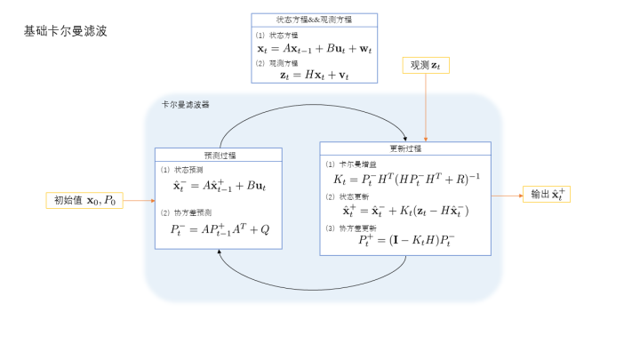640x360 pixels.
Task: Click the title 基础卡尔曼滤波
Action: pos(66,31)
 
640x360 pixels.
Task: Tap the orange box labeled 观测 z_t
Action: pos(425,65)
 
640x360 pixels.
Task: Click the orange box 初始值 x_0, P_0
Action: pos(84,200)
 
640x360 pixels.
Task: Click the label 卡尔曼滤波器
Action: pos(185,105)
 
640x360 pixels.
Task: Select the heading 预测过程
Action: pos(218,154)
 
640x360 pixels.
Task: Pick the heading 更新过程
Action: pos(405,148)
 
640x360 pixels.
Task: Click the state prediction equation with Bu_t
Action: pos(220,186)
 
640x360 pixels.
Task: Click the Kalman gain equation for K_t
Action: pos(406,180)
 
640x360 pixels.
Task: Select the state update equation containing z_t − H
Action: pos(405,211)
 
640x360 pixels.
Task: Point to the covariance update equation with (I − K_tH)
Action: pos(406,240)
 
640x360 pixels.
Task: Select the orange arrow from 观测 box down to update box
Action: pos(428,108)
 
